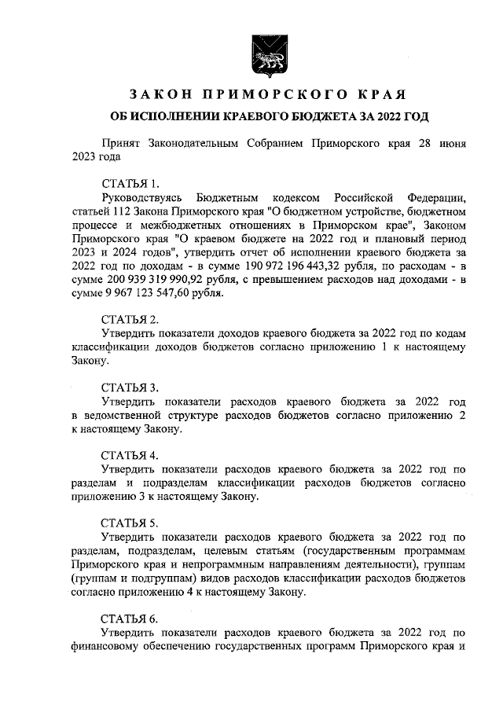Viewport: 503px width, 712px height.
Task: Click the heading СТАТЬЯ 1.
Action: (130, 183)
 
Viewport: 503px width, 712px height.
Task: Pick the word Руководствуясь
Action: (142, 196)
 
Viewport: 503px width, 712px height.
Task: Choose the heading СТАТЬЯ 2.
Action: (130, 319)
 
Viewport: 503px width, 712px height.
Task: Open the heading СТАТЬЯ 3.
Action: (130, 387)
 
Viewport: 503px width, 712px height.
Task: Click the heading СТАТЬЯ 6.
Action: (130, 618)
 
